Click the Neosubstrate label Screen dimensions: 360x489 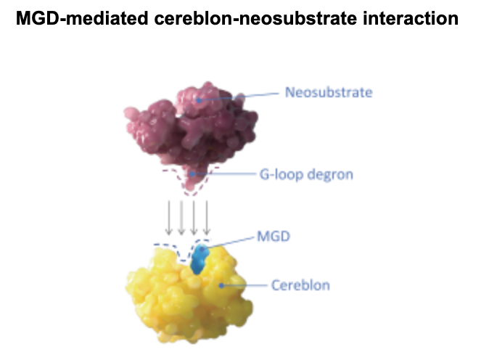[328, 93]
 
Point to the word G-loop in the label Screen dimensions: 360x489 [277, 175]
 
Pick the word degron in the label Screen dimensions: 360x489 [318, 175]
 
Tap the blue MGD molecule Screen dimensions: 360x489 [199, 260]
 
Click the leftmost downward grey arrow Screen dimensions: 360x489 [168, 216]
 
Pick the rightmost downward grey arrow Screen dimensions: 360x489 [207, 216]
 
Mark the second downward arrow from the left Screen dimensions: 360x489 [181, 216]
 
